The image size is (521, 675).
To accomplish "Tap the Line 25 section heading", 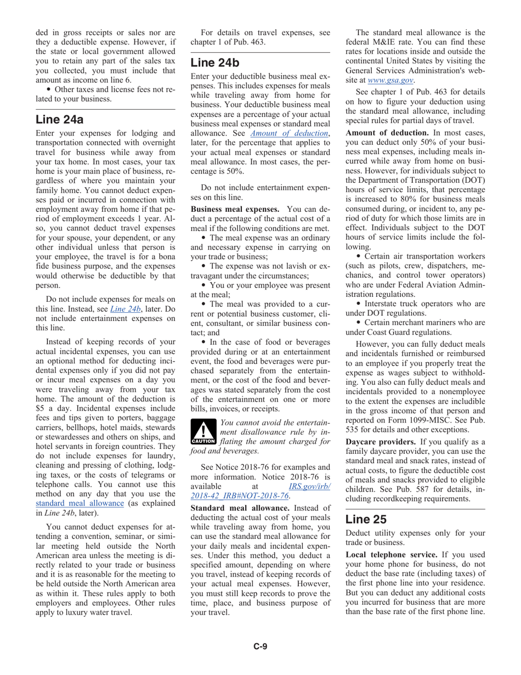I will click(x=366, y=519).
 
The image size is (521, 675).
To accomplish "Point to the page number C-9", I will click(x=260, y=646).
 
